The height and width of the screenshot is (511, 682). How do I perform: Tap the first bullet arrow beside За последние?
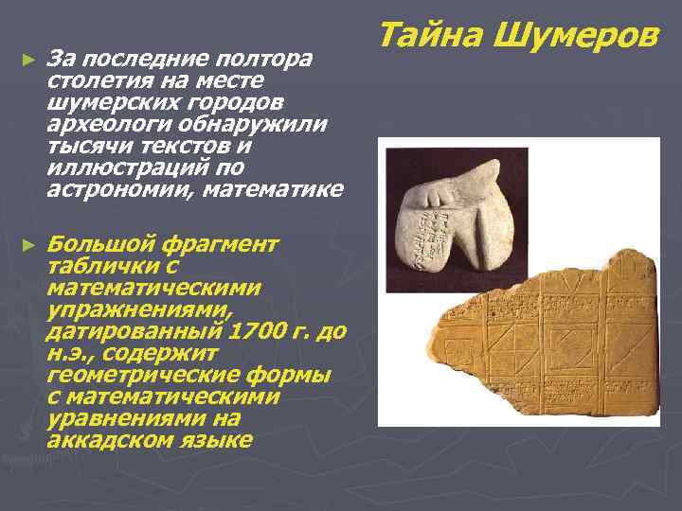[x=27, y=60]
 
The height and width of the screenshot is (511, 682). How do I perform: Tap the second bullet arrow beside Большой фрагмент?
[x=27, y=244]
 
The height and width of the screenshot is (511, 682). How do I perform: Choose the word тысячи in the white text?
[x=84, y=147]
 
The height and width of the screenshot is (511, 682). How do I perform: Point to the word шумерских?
[x=97, y=103]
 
